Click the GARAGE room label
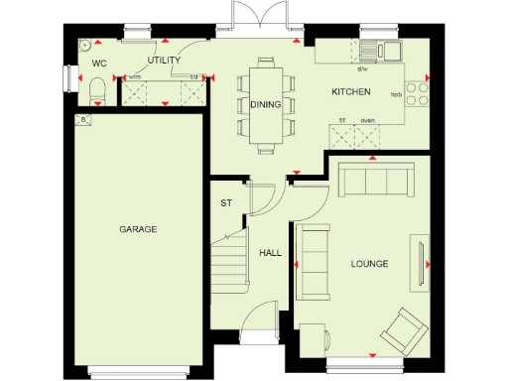[138, 229]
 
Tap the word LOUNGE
[369, 263]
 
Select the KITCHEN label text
[351, 92]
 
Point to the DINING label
[264, 103]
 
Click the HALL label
[270, 253]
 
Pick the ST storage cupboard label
[226, 203]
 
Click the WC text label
[99, 63]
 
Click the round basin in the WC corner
[87, 44]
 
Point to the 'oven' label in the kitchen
[367, 120]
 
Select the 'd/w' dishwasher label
[363, 69]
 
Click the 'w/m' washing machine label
[135, 77]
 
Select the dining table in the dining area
[264, 103]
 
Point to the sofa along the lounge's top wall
[374, 181]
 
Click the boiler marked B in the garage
[83, 120]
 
